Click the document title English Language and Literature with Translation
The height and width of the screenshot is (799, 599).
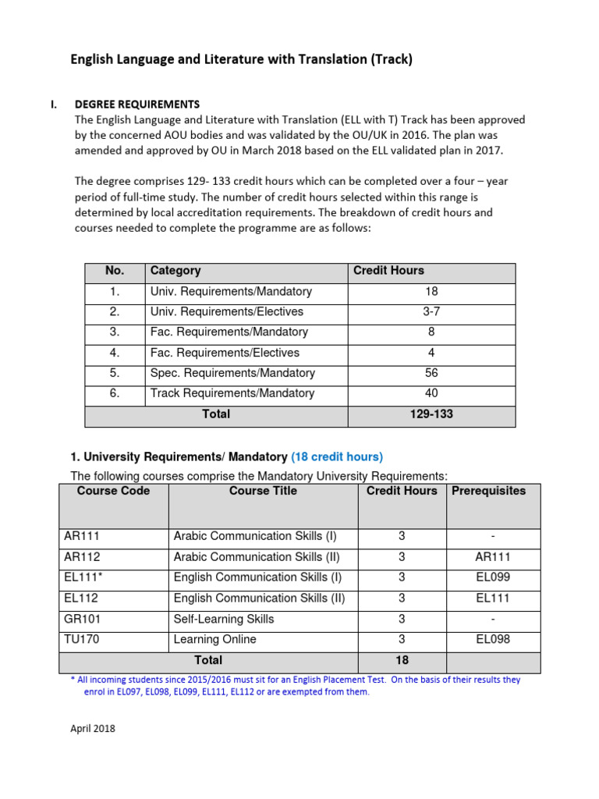(x=242, y=59)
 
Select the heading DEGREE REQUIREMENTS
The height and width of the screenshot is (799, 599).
(x=136, y=104)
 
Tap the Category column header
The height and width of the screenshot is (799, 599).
(x=175, y=271)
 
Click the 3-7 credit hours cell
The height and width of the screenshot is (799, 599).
(x=431, y=311)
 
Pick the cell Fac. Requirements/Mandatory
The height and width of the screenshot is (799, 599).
(x=229, y=332)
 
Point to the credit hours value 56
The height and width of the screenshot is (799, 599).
(x=431, y=373)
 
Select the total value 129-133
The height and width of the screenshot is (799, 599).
(x=431, y=414)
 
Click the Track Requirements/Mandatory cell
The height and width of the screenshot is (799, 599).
(x=232, y=393)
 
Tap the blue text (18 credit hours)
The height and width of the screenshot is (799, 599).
(x=337, y=457)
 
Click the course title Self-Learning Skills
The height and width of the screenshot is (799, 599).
(x=224, y=619)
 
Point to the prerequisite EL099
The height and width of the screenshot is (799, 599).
(x=493, y=578)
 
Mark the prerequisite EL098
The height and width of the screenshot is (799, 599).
(x=493, y=639)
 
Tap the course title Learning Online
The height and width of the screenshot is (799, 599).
(x=214, y=639)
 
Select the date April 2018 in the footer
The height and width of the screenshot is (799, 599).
(x=93, y=729)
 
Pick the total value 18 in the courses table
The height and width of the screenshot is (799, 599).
(x=401, y=660)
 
